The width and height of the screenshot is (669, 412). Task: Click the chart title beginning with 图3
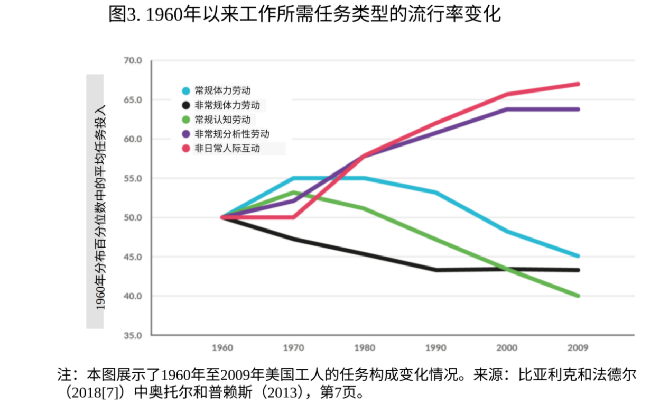pos(304,14)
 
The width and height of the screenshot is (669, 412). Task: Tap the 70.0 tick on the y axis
pos(133,61)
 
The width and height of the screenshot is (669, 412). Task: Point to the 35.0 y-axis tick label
pos(133,335)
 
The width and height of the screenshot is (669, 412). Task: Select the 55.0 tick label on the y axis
pos(133,178)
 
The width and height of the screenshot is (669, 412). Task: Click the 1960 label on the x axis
pos(222,347)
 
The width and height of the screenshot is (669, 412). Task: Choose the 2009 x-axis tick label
pos(578,347)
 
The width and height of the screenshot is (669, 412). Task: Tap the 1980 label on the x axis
pos(365,347)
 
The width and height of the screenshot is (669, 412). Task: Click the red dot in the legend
pos(185,149)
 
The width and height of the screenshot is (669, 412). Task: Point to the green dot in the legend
pos(185,120)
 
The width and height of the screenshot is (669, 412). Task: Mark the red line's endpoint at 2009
pos(578,84)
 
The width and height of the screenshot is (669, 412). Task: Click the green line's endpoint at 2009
pos(578,296)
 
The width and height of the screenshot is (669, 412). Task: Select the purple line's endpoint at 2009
pos(578,109)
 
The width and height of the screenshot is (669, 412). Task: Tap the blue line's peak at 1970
pos(293,178)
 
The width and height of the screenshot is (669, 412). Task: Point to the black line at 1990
pos(436,270)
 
